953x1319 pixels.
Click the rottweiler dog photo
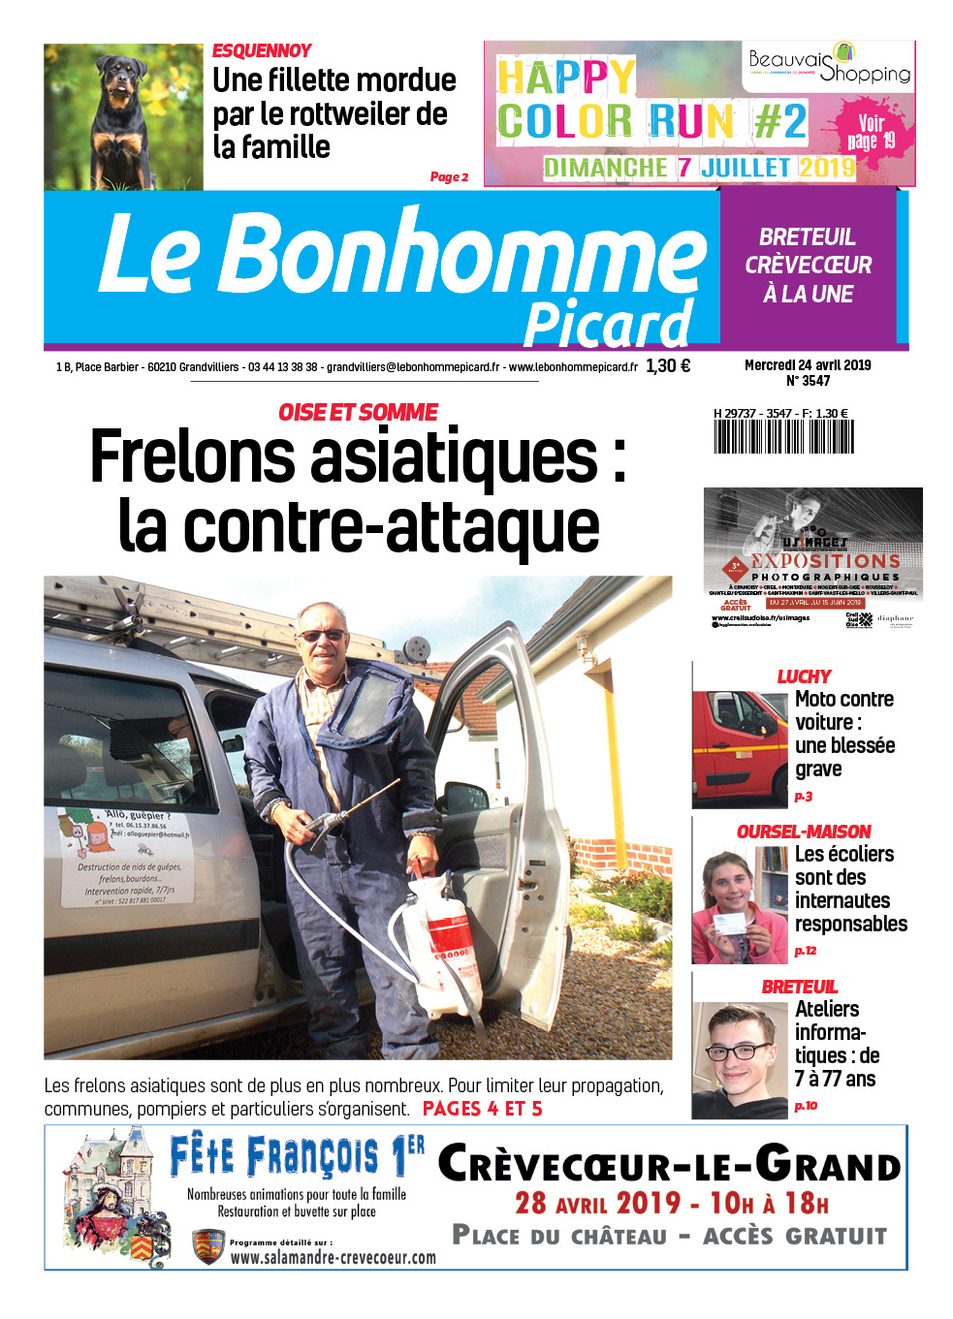tap(123, 116)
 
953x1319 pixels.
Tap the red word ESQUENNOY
tap(262, 50)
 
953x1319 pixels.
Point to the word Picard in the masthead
tap(609, 325)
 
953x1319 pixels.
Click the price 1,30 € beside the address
tap(668, 366)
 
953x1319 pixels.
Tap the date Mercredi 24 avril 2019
tap(808, 365)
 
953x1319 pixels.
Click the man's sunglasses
tap(323, 636)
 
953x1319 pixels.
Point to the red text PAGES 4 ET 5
tap(483, 1109)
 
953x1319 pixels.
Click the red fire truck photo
tap(740, 748)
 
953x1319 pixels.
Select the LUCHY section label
tap(804, 676)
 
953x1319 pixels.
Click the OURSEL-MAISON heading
tap(804, 832)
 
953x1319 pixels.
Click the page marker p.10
tap(806, 1106)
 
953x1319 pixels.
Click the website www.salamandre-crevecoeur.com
tap(333, 1257)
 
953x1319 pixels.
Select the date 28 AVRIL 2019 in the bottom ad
tap(597, 1204)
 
